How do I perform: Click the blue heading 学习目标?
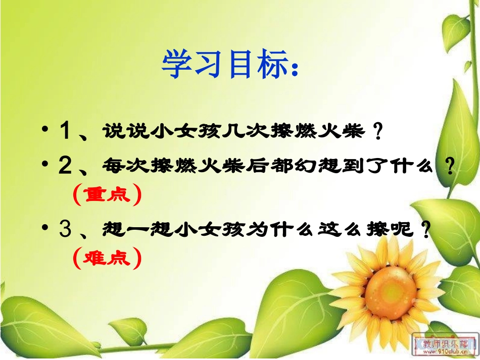tap(222, 64)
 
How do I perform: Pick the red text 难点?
tap(106, 259)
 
